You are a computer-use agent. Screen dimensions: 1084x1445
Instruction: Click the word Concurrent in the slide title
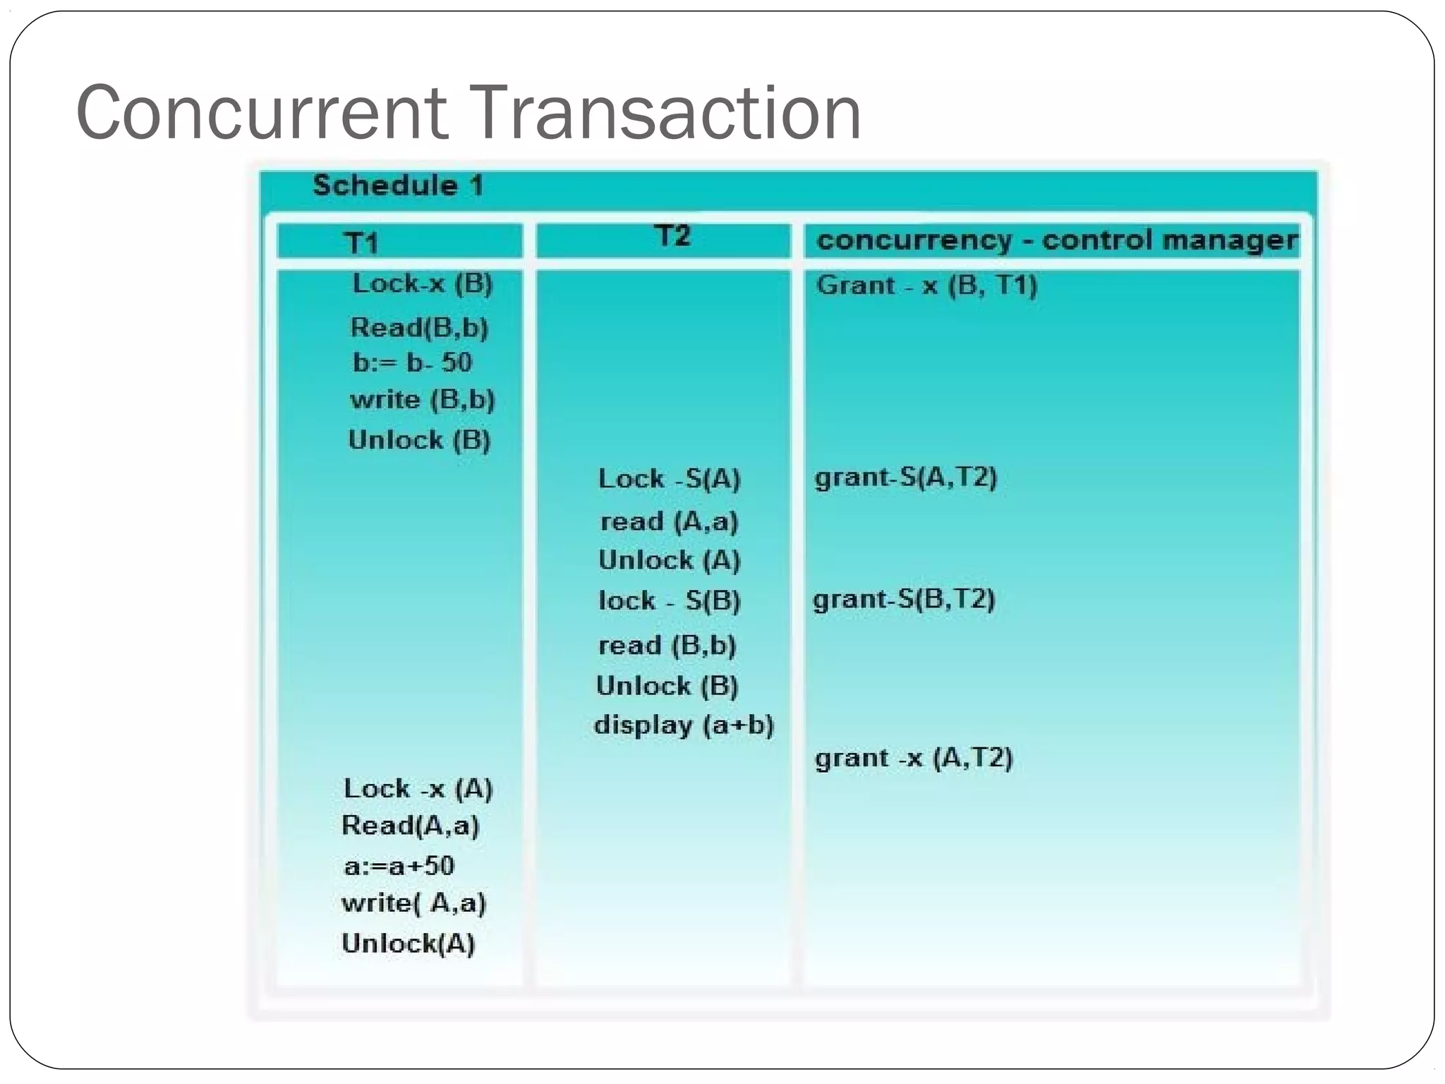261,113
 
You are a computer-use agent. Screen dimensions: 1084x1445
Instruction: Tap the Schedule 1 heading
398,186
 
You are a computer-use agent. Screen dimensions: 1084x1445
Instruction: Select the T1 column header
361,243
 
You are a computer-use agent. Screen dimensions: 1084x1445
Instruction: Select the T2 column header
672,236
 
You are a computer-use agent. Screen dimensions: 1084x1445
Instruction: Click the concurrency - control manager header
1056,241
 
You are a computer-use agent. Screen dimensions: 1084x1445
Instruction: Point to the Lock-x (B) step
422,284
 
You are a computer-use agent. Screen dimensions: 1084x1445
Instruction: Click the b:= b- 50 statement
412,363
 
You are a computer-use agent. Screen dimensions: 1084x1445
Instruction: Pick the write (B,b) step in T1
422,400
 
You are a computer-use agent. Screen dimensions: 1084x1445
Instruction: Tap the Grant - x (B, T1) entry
926,285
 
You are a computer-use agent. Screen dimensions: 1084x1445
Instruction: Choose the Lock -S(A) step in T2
669,478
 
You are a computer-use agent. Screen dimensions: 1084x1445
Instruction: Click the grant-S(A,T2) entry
905,477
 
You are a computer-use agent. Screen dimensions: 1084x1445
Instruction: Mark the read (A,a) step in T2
669,522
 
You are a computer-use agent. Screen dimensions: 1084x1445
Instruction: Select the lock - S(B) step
669,601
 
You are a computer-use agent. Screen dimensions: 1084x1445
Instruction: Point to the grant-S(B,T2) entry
904,599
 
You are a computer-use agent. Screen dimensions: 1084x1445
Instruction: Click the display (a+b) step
684,725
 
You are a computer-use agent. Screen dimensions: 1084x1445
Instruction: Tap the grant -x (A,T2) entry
914,758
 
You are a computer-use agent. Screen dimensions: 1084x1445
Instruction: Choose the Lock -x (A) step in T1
418,788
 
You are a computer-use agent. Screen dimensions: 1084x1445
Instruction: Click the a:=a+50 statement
399,865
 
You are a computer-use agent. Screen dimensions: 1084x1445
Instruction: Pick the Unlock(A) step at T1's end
408,943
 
